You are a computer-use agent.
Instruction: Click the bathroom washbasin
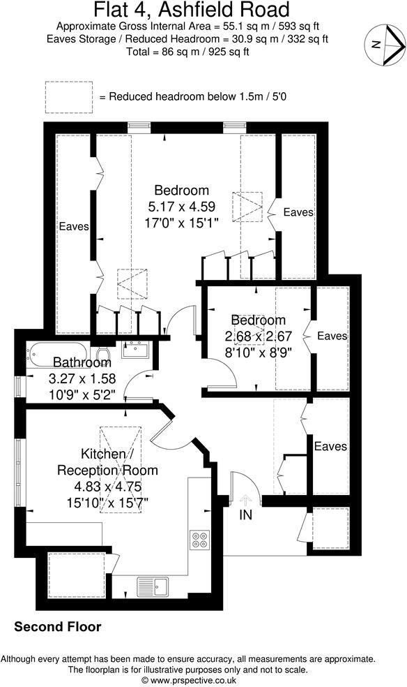point(134,348)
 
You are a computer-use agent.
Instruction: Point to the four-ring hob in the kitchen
point(199,540)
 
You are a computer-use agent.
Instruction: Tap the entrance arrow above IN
point(245,499)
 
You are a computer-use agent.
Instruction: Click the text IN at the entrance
point(245,515)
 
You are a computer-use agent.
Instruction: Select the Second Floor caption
point(58,627)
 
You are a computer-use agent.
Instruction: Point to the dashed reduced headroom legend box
point(68,96)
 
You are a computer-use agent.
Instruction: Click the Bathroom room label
point(82,363)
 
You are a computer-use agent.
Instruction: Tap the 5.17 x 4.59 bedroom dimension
point(182,207)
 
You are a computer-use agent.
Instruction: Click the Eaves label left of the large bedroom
point(73,227)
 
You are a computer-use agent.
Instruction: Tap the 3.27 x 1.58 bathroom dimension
point(82,379)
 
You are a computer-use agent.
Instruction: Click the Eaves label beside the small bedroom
point(332,337)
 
